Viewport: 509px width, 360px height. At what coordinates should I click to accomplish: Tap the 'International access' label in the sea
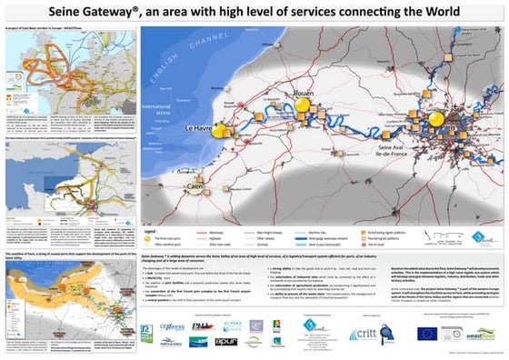(x=156, y=116)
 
